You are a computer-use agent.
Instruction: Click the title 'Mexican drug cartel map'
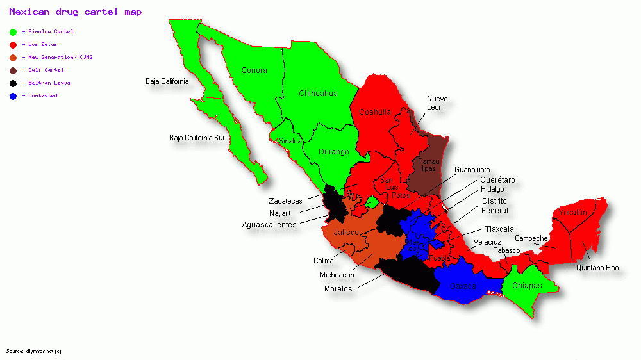pyautogui.click(x=76, y=12)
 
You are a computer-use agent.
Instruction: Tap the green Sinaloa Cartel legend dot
pyautogui.click(x=13, y=31)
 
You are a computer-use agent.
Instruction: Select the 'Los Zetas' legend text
pyautogui.click(x=43, y=44)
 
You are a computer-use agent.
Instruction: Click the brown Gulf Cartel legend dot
pyautogui.click(x=13, y=70)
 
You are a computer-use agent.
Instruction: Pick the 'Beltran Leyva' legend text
pyautogui.click(x=49, y=83)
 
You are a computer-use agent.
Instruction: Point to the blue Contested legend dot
pyautogui.click(x=13, y=95)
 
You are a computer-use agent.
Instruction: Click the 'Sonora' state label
pyautogui.click(x=254, y=70)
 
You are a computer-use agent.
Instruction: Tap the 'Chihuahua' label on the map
pyautogui.click(x=318, y=94)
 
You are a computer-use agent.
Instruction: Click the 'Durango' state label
pyautogui.click(x=334, y=152)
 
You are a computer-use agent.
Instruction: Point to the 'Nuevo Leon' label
pyautogui.click(x=437, y=102)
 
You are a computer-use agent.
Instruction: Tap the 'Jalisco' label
pyautogui.click(x=346, y=232)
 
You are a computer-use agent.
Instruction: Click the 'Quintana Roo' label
pyautogui.click(x=597, y=268)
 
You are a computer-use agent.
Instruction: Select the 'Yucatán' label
pyautogui.click(x=572, y=212)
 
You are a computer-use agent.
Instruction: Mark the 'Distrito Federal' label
pyautogui.click(x=495, y=206)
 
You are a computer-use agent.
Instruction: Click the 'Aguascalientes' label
pyautogui.click(x=269, y=225)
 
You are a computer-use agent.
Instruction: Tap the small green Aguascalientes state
pyautogui.click(x=370, y=202)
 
